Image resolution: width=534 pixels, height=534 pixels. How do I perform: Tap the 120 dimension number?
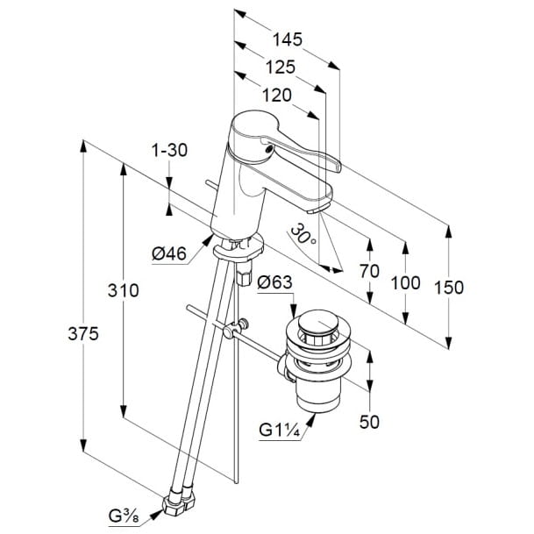[275, 96]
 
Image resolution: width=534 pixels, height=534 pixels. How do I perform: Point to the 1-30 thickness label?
[168, 150]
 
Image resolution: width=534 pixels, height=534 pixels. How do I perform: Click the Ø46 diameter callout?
[169, 254]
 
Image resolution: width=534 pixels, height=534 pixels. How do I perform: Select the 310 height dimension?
[124, 293]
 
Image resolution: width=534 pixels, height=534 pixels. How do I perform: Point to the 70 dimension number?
[369, 271]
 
